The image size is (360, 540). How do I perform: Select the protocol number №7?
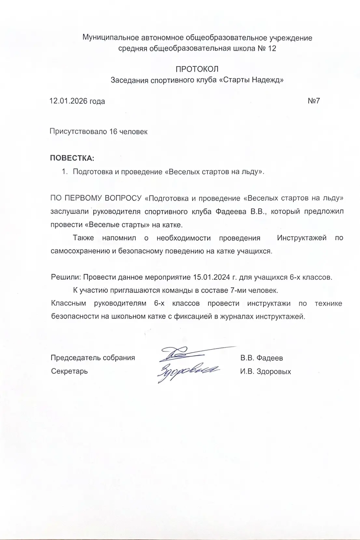(x=314, y=101)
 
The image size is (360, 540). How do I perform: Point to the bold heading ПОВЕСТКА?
(x=72, y=159)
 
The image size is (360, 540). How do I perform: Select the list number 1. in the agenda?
(x=64, y=172)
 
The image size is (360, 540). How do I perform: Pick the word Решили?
(x=66, y=278)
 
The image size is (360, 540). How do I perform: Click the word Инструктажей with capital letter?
(x=301, y=238)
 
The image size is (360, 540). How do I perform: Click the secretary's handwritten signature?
(x=186, y=371)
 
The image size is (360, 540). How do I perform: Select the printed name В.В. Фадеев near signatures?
(x=261, y=358)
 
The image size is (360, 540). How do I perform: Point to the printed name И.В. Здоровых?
(x=265, y=371)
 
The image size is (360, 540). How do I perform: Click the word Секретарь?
(x=69, y=371)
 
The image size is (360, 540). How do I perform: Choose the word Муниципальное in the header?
(x=111, y=38)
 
